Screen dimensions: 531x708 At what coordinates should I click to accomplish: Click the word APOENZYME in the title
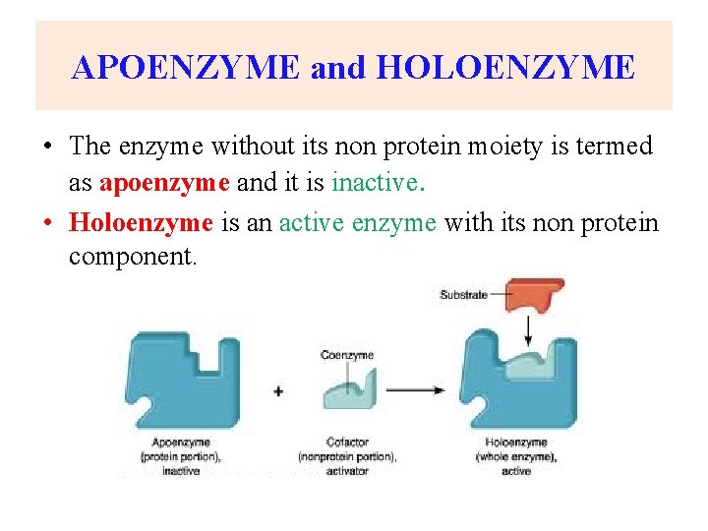point(186,68)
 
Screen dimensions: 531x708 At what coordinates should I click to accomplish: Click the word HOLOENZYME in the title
point(506,68)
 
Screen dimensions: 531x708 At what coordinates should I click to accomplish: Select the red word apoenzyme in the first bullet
point(165,184)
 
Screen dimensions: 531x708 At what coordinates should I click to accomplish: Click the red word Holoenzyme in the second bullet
point(141,222)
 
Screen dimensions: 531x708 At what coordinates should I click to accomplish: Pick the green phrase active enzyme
point(357,222)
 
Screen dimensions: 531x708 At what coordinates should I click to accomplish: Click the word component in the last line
point(133,259)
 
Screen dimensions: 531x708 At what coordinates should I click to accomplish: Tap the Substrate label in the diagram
point(463,294)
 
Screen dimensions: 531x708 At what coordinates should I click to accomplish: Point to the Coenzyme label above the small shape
point(347,355)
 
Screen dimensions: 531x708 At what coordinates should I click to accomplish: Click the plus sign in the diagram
point(279,391)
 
